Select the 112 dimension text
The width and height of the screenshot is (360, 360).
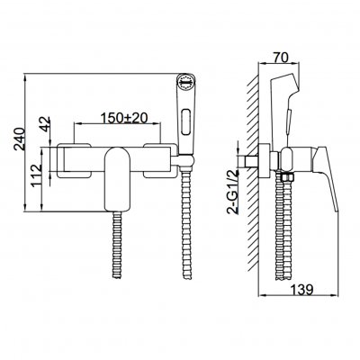(x=37, y=175)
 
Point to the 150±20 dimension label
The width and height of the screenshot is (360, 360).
(x=124, y=118)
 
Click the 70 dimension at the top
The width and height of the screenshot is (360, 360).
(x=280, y=57)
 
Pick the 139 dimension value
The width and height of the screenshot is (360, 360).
(x=301, y=289)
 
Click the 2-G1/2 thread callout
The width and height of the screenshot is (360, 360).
(x=234, y=191)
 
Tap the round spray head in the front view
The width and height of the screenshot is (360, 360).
(x=185, y=81)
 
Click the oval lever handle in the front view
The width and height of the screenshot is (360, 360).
(x=117, y=179)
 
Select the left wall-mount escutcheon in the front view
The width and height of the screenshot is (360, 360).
(x=74, y=161)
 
